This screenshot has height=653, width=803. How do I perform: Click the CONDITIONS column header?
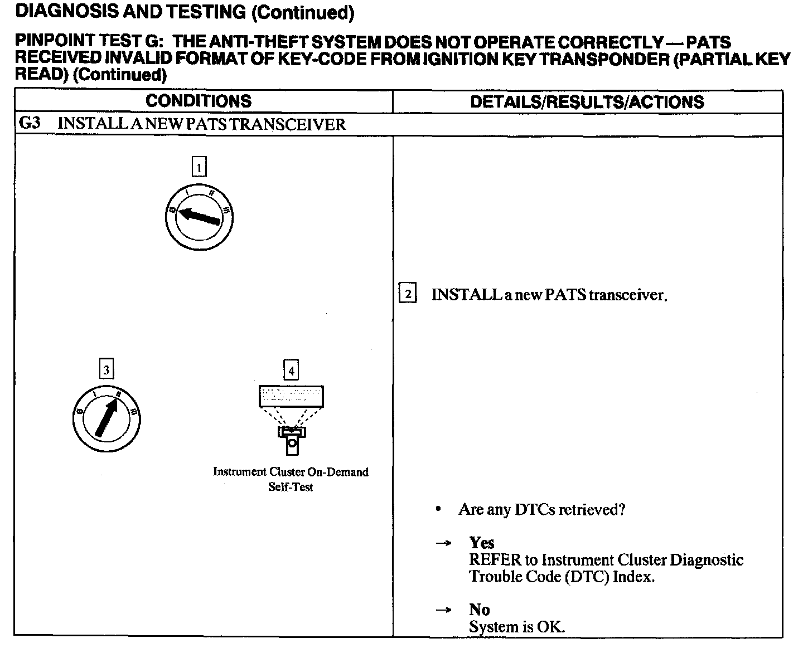pos(199,101)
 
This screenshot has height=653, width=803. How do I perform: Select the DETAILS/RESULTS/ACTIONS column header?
pos(587,102)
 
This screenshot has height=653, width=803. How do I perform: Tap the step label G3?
pos(30,123)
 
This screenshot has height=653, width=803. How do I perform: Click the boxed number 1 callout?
pos(199,167)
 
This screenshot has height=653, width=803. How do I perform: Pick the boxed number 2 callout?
pos(408,294)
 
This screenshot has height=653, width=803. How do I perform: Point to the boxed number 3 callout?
pos(106,369)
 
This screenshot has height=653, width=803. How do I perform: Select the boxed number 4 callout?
pos(291,369)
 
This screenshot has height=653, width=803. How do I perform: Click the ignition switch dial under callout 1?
pos(199,216)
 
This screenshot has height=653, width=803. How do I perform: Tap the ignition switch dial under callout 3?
pos(107,417)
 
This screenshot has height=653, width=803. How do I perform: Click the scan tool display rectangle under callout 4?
pos(291,396)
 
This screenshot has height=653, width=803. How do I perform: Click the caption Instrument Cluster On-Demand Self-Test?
pos(291,479)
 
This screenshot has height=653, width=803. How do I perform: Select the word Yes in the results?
pos(482,543)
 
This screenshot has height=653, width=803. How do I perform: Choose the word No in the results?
pos(479,610)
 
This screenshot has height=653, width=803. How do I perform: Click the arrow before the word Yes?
pos(443,543)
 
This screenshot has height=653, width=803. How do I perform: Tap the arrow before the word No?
pos(443,610)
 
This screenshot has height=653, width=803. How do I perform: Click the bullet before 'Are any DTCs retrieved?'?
pos(440,509)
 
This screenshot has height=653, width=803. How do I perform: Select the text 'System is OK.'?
pos(517,627)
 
